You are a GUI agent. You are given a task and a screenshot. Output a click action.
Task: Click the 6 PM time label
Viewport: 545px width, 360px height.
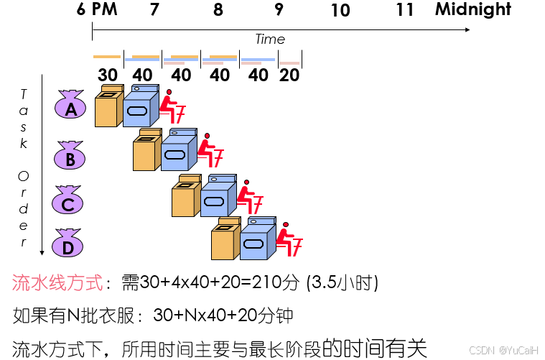click(97, 10)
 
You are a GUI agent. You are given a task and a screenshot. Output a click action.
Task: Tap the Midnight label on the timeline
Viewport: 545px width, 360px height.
click(472, 10)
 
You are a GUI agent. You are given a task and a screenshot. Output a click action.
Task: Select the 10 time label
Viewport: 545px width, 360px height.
click(340, 11)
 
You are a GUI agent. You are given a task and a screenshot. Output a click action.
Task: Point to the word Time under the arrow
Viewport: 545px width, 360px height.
click(270, 40)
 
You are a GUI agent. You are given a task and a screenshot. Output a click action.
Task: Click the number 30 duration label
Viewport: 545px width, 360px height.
click(108, 75)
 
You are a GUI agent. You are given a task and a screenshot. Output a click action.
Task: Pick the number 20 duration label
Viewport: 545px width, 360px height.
click(289, 75)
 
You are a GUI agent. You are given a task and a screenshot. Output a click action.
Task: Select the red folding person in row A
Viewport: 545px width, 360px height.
click(171, 106)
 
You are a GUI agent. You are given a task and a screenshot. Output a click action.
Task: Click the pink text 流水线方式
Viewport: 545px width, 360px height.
click(57, 282)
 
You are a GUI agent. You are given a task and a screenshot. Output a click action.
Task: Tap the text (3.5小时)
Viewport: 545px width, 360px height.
click(342, 282)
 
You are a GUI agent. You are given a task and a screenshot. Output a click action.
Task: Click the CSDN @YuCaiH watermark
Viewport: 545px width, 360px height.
click(508, 349)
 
